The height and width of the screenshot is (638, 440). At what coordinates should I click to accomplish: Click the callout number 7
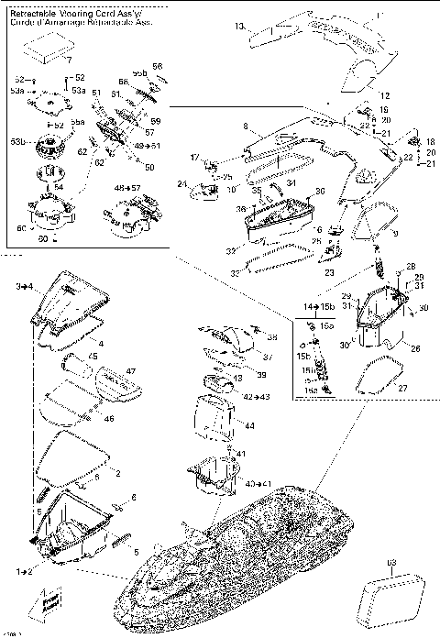67,60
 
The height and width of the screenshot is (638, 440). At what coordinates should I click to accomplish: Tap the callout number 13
240,27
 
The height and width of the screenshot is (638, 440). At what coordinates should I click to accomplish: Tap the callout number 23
328,272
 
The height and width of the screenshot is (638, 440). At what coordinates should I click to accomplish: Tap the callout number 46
110,418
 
